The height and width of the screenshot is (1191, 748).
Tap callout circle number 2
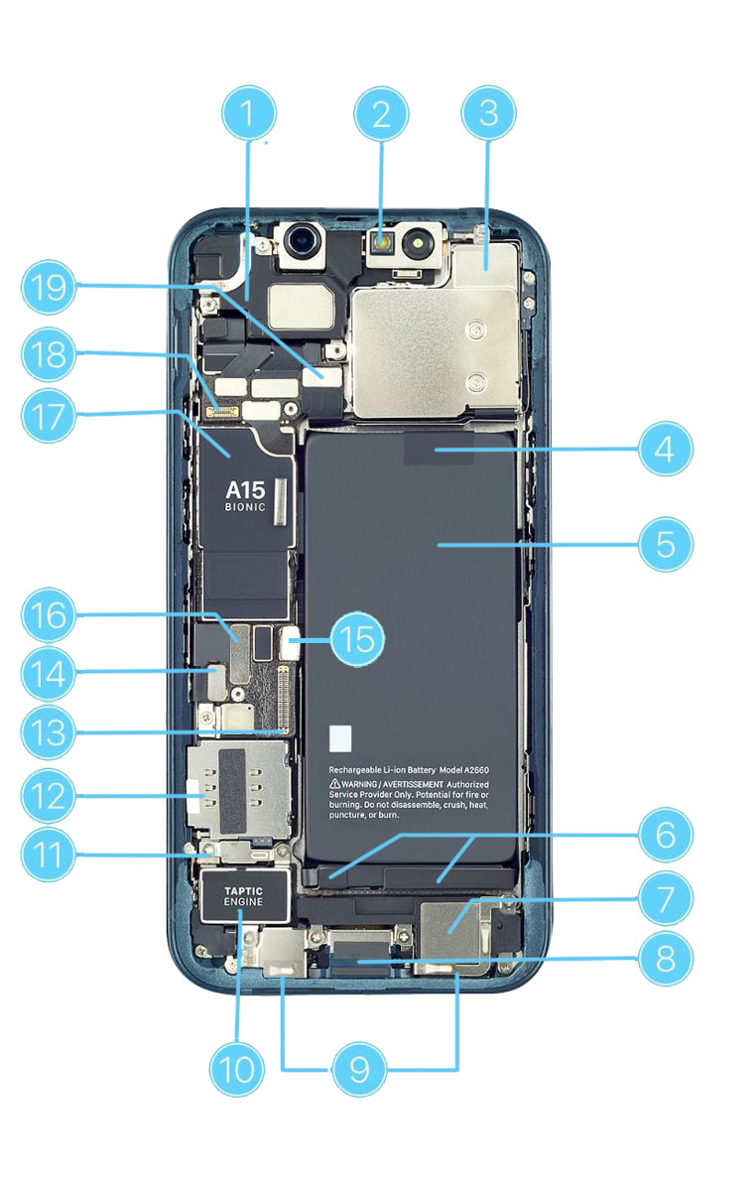click(x=381, y=115)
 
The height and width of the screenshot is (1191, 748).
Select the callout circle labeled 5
click(x=665, y=544)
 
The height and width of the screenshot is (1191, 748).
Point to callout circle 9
click(x=359, y=1069)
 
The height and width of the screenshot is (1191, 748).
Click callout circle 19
click(x=48, y=288)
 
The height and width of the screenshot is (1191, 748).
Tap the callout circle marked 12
click(x=48, y=795)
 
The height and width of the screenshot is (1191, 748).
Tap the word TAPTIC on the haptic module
click(x=244, y=892)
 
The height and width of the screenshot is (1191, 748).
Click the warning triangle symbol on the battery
click(x=335, y=783)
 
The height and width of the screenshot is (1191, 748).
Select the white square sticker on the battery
click(x=340, y=736)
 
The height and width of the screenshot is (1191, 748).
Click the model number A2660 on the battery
click(x=487, y=769)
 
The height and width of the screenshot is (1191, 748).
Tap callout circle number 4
click(x=665, y=449)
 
